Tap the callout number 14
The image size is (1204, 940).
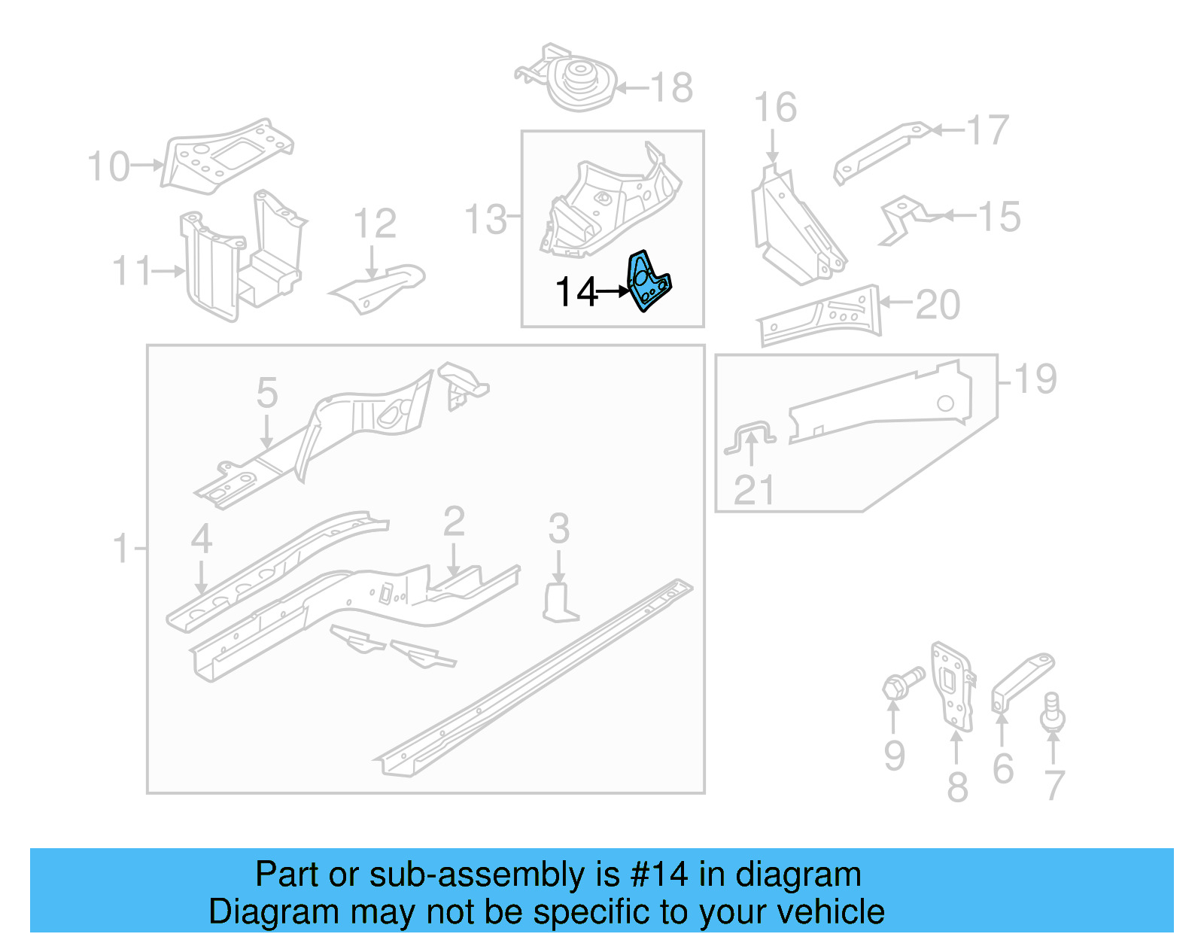pyautogui.click(x=576, y=292)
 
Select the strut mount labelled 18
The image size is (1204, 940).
pyautogui.click(x=578, y=81)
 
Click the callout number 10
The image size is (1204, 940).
pyautogui.click(x=109, y=166)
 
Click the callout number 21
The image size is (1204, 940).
pyautogui.click(x=753, y=491)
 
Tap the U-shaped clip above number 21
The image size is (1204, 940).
pyautogui.click(x=751, y=437)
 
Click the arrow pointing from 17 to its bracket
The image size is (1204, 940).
pyautogui.click(x=948, y=131)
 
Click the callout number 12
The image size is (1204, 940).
pyautogui.click(x=375, y=224)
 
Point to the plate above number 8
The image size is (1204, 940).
pyautogui.click(x=952, y=685)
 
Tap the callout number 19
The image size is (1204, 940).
pyautogui.click(x=1035, y=379)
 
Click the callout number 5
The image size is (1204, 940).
pyautogui.click(x=267, y=393)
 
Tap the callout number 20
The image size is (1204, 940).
pyautogui.click(x=938, y=305)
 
